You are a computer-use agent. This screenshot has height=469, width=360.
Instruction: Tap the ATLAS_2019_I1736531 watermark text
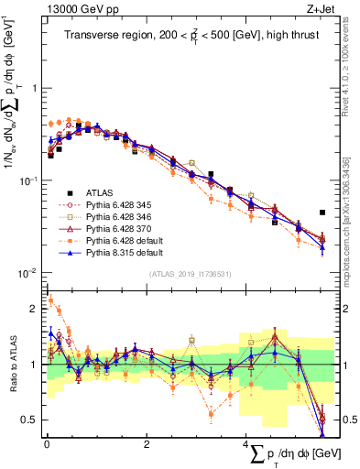tap(201, 274)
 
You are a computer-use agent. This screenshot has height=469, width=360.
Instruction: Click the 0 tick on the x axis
tap(47, 443)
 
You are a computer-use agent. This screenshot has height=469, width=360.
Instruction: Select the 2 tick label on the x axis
tap(147, 443)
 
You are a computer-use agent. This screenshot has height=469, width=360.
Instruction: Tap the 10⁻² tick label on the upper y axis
tap(27, 273)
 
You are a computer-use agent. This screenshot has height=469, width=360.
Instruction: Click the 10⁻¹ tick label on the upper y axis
tap(27, 180)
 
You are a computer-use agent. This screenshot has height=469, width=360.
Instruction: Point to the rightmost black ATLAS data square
tap(322, 213)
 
